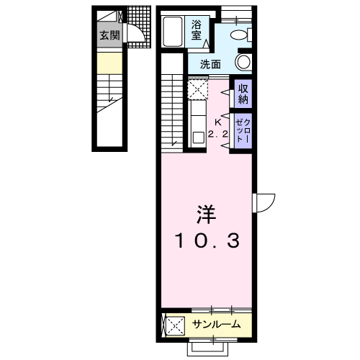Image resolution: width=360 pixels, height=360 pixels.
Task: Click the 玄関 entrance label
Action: click(109, 35)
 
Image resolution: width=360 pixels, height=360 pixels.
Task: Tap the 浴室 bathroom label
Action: click(197, 30)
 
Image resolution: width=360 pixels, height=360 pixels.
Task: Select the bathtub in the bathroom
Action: click(172, 31)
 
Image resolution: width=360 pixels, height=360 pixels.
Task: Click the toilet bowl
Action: click(239, 35)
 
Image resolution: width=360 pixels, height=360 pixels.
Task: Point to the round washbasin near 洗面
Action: click(243, 62)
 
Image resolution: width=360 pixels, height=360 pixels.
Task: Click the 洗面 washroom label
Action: click(210, 64)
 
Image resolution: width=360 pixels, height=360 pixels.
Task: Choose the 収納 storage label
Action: click(243, 94)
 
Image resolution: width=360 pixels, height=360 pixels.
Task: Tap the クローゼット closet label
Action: click(243, 131)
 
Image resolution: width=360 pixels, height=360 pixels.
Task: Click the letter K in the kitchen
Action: click(218, 122)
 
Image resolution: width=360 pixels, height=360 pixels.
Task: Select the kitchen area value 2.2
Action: click(217, 135)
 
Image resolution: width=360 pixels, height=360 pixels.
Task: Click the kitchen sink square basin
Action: click(199, 138)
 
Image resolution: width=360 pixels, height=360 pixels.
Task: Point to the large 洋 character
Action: click(206, 215)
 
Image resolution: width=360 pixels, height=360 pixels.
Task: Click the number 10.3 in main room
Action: click(207, 241)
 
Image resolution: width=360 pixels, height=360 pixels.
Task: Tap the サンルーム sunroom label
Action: click(216, 325)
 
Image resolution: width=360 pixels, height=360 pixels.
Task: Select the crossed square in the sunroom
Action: click(175, 325)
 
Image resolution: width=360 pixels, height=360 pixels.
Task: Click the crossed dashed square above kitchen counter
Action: click(197, 89)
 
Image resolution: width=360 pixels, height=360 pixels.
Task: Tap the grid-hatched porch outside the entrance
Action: click(139, 26)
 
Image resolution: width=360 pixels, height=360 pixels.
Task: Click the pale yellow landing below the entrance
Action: click(109, 63)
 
